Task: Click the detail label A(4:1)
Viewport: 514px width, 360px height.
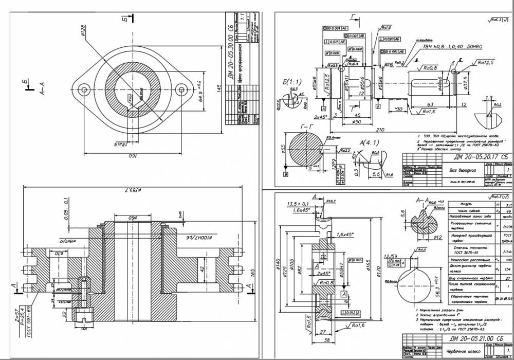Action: [369, 142]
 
